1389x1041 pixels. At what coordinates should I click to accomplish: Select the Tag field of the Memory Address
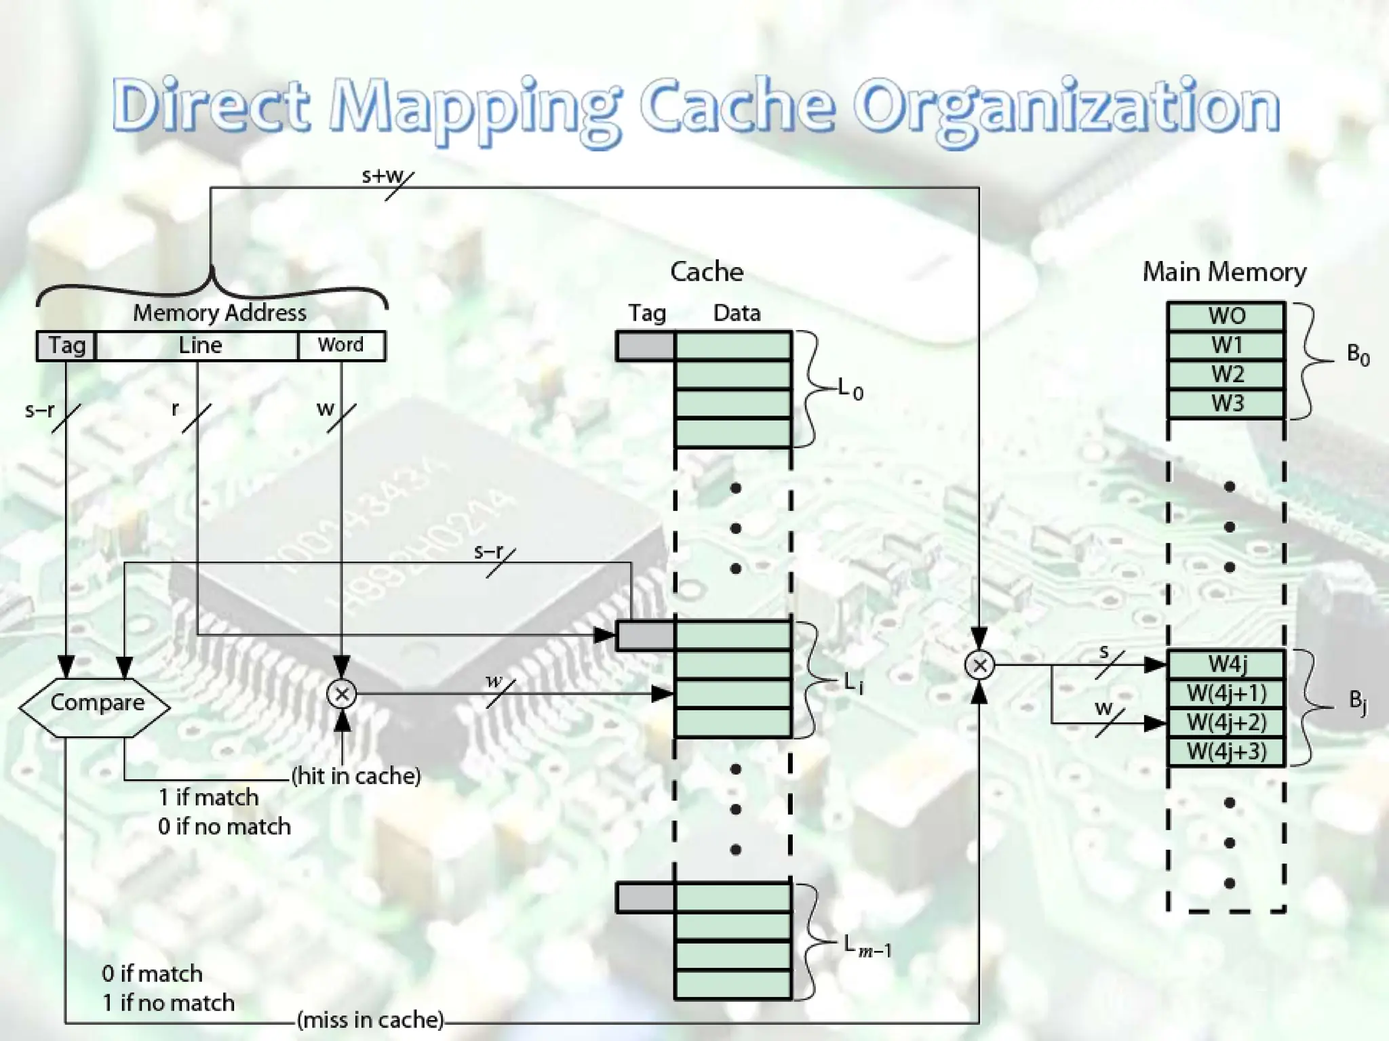click(x=66, y=346)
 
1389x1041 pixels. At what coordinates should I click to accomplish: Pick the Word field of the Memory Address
click(x=341, y=346)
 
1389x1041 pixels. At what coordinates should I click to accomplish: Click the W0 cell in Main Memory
click(x=1226, y=317)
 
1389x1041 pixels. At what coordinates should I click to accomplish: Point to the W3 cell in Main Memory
click(x=1226, y=404)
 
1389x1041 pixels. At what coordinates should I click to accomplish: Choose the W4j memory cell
click(x=1226, y=664)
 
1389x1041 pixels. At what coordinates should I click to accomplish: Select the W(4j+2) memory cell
click(x=1226, y=722)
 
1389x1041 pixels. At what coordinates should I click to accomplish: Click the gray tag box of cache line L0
click(x=646, y=346)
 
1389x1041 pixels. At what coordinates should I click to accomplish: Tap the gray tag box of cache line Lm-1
click(x=646, y=898)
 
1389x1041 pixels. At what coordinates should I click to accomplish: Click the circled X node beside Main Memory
click(x=979, y=665)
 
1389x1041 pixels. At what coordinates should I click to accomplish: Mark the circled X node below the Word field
click(x=342, y=693)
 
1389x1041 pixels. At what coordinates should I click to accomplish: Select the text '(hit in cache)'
click(x=356, y=776)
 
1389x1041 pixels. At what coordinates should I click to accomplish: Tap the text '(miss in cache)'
click(x=370, y=1019)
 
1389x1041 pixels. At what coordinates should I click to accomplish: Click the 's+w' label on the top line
click(x=383, y=176)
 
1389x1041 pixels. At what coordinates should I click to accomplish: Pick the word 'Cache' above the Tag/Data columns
click(x=706, y=272)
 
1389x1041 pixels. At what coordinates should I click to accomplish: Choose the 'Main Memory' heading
click(x=1224, y=272)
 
